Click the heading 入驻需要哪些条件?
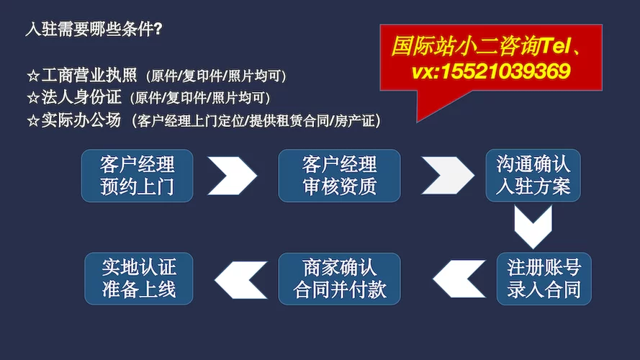(94, 30)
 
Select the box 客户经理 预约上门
(138, 175)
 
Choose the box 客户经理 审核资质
(339, 175)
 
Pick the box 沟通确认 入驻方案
(533, 175)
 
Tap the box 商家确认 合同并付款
(339, 279)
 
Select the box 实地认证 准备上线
(139, 279)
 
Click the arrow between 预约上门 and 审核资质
(232, 175)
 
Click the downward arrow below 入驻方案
(533, 226)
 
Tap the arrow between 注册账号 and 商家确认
(459, 279)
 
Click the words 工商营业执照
(90, 75)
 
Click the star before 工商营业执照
(32, 75)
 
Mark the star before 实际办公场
(32, 120)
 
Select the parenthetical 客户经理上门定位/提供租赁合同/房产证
(256, 121)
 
